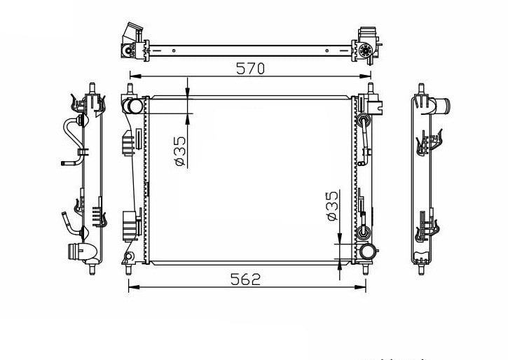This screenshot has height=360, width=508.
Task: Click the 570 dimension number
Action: click(x=250, y=69)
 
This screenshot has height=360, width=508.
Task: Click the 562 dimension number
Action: click(x=245, y=279)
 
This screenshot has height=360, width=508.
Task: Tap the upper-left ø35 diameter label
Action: click(x=180, y=151)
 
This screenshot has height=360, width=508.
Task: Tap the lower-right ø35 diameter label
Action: click(x=332, y=206)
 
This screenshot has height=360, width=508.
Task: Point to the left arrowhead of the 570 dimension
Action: click(x=135, y=76)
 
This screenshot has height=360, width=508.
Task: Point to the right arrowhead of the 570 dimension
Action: click(x=365, y=76)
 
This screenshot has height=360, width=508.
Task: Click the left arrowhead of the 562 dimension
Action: click(x=135, y=287)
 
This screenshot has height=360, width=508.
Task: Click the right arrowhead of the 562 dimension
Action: click(x=360, y=287)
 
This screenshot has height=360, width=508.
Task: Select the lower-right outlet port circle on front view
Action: click(x=366, y=252)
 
